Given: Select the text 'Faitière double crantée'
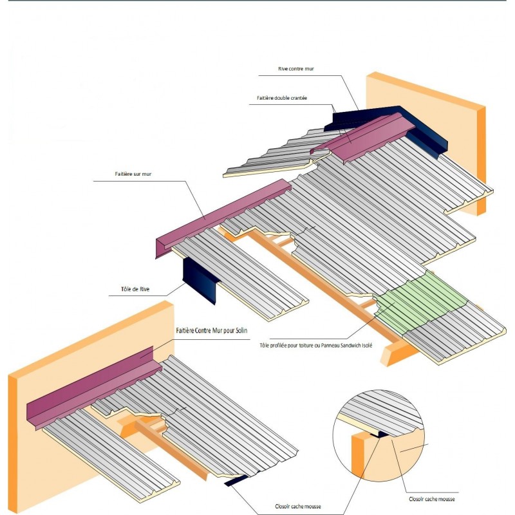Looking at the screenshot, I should pos(281,98).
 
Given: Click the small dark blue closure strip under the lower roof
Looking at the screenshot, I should pos(238,480).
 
